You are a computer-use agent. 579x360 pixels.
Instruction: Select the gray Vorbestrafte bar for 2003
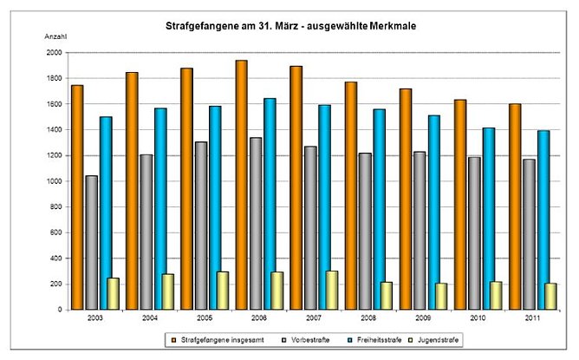(x=91, y=242)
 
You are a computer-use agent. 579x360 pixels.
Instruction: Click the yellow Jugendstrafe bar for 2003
(x=113, y=293)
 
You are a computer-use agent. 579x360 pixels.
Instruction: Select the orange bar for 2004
(x=133, y=191)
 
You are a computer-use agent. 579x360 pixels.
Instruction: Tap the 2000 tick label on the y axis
(x=53, y=52)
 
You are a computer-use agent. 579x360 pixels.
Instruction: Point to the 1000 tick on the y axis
(x=53, y=180)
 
